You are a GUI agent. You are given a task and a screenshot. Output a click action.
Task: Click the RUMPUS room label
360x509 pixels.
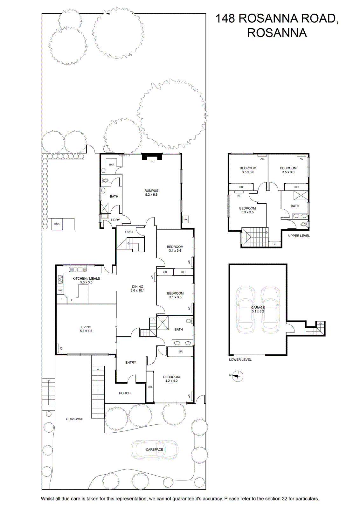pos(151,191)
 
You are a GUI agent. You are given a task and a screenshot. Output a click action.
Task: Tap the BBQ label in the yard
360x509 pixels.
pos(57,224)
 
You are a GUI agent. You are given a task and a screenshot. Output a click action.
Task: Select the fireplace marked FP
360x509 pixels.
pos(152,157)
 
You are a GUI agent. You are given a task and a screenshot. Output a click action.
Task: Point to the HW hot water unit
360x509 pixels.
pos(185,219)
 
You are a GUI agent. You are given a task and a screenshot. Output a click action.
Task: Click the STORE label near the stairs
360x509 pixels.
pos(129,232)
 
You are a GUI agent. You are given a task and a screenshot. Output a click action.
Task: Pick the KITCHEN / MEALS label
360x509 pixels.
pos(86,278)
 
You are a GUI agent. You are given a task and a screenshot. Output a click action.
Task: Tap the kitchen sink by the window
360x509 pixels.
pos(78,269)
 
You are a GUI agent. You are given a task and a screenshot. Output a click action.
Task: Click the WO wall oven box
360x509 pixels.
pos(60,290)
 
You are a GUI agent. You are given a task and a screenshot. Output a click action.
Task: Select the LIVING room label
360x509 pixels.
pos(86,327)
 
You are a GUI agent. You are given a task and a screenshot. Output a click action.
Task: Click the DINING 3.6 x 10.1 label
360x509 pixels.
pos(137,288)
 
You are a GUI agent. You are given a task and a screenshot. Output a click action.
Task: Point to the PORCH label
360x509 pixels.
pos(125,393)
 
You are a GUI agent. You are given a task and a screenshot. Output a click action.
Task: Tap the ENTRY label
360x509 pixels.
pos(131,362)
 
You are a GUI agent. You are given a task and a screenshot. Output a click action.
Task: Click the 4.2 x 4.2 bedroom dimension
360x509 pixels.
pos(171,380)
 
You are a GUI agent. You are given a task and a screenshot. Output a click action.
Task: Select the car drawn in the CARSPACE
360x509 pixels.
pos(154,449)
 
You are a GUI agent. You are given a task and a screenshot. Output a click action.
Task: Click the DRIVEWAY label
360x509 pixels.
pos(74,419)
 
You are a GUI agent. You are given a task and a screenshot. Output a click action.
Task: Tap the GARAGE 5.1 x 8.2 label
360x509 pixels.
pos(258,309)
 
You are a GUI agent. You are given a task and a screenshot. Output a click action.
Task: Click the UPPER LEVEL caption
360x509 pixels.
pos(299,236)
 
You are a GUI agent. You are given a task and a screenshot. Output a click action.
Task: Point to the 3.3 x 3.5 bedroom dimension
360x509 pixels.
pos(247,212)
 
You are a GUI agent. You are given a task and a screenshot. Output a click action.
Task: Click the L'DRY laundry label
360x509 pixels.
pos(115,220)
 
